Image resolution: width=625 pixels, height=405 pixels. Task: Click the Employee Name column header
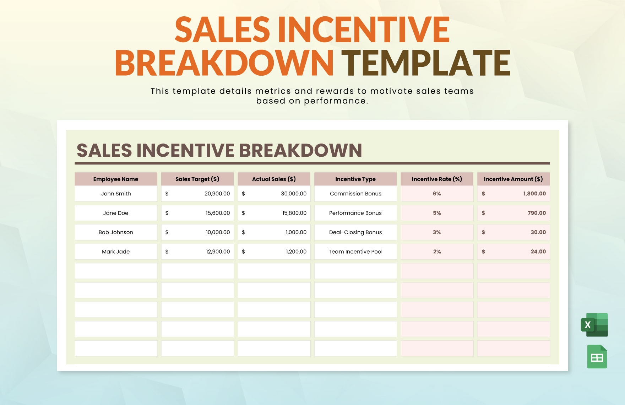tap(116, 179)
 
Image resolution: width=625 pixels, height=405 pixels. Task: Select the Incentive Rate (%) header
tap(437, 179)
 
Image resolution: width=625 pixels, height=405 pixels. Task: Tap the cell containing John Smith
tap(116, 194)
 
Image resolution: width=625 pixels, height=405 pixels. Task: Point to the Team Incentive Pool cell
tap(355, 252)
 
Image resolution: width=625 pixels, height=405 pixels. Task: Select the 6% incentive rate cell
tap(437, 194)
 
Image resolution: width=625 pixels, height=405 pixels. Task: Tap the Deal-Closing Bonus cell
tap(355, 232)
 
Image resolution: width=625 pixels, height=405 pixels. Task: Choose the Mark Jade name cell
tap(116, 252)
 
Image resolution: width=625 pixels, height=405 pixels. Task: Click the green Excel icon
tap(594, 325)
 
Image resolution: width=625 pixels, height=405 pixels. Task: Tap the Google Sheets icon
tap(597, 357)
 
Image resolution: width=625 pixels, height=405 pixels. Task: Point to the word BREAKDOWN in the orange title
tap(224, 63)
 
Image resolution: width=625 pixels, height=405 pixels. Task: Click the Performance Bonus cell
tap(355, 213)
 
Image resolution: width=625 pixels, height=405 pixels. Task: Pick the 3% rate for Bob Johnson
tap(437, 232)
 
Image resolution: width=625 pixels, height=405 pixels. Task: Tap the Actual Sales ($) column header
tap(274, 179)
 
